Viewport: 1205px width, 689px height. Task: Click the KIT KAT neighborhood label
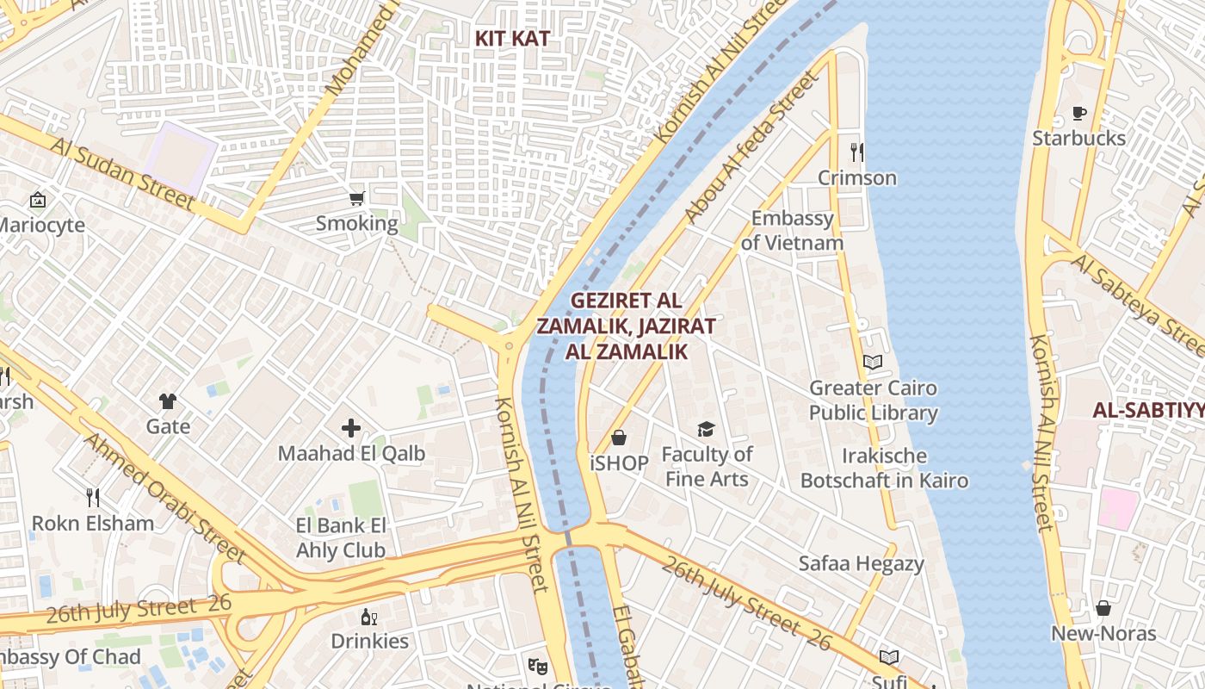coord(512,39)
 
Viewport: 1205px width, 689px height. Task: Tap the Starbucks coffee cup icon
coord(1078,113)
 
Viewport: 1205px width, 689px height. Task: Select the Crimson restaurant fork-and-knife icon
coord(856,152)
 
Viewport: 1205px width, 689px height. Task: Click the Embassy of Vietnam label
coord(792,231)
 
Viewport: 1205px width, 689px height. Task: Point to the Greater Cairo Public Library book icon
coord(873,362)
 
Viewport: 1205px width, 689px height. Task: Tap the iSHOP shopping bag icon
coord(618,438)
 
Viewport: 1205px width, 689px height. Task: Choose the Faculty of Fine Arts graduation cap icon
coord(707,429)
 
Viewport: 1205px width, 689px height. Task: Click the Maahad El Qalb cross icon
coord(351,427)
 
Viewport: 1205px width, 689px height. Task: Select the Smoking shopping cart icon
coord(356,199)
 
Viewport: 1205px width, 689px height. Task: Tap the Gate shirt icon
coord(168,400)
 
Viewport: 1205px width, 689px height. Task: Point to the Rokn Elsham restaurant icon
coord(93,497)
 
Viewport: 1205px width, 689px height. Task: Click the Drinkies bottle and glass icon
coord(369,617)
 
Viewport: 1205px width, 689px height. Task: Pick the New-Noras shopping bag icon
coord(1103,608)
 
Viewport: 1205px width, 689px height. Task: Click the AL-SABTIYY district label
coord(1148,411)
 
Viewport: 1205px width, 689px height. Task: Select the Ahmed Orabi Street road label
coord(163,499)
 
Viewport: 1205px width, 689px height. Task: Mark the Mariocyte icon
coord(38,200)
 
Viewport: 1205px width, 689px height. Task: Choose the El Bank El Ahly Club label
coord(341,537)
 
